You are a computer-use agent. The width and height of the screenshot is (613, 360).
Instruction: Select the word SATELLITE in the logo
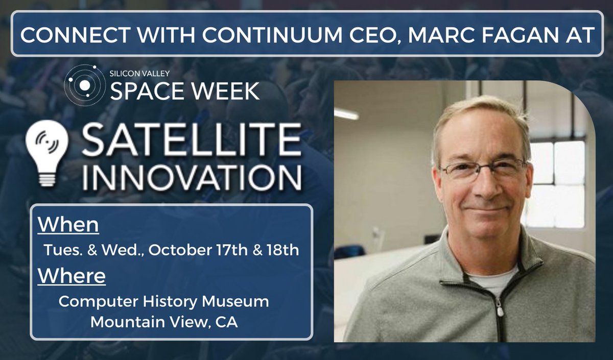point(191,140)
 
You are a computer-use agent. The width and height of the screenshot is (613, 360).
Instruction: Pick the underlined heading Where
point(72,276)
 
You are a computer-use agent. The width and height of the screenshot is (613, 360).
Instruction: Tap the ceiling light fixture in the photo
point(347,114)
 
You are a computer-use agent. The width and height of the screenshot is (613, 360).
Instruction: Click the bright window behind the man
point(556,184)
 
